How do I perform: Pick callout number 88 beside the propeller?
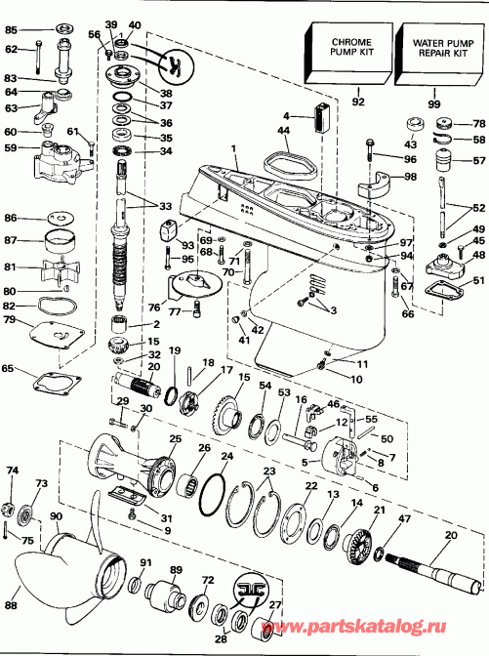point(12,605)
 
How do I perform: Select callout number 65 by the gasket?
point(10,370)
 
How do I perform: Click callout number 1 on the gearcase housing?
point(234,148)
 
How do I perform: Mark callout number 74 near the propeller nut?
point(12,471)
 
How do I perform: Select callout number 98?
point(410,176)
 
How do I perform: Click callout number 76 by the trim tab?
point(154,308)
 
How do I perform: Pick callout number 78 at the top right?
point(478,123)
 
